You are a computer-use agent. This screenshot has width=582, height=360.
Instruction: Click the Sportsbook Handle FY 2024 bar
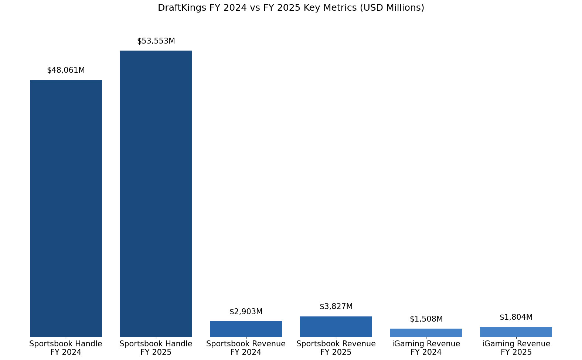pos(66,208)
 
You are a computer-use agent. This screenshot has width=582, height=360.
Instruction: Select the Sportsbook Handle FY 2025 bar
pos(156,193)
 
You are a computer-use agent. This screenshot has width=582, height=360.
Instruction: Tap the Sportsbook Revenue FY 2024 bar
pos(246,329)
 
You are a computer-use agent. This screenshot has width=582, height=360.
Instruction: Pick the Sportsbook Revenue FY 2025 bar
pos(336,326)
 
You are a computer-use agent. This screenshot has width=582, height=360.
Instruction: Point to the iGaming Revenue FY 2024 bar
pos(426,333)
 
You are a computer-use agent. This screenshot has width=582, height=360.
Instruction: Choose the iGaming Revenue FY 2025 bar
pos(516,332)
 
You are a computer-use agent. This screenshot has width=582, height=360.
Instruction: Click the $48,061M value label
pos(66,70)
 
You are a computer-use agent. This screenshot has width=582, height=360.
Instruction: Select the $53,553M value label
pos(156,41)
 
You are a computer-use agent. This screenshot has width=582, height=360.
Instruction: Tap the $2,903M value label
pos(246,312)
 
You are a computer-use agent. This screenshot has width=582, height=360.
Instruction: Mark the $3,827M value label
pos(336,306)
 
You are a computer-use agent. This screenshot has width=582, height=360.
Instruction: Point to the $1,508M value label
pos(426,319)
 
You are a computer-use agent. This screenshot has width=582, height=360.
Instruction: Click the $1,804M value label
pos(516,317)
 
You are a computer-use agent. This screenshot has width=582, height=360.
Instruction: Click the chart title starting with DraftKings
pos(291,8)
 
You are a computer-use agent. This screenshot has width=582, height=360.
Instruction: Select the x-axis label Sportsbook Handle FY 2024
pos(66,348)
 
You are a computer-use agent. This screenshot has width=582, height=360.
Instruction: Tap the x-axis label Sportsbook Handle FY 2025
pos(156,348)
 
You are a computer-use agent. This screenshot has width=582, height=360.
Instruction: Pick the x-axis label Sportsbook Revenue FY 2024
pos(246,348)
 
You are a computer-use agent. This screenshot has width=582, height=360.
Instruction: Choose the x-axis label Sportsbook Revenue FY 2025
pos(336,348)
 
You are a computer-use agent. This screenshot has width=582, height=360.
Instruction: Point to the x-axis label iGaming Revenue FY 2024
pos(426,348)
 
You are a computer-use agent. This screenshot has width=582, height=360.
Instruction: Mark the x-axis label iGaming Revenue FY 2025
pos(516,348)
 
